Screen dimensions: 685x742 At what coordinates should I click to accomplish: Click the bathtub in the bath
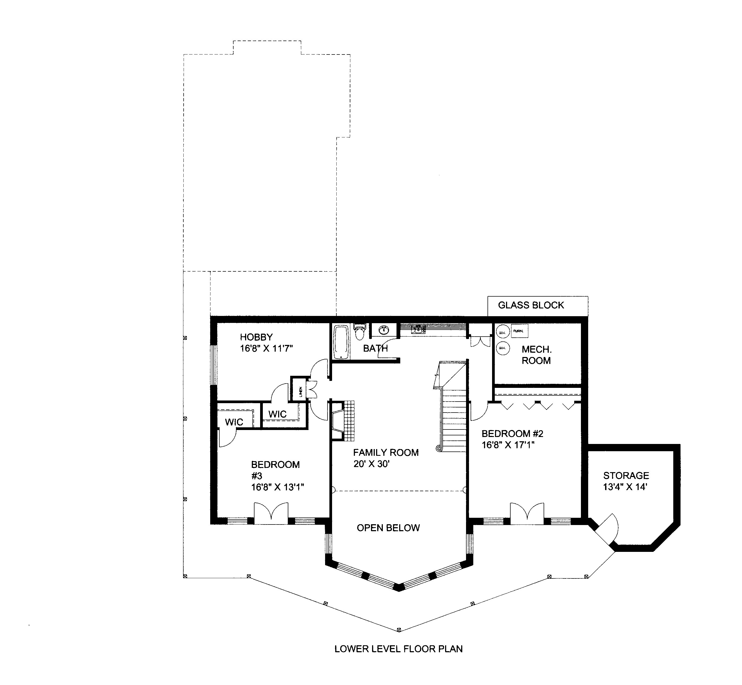[x=341, y=342]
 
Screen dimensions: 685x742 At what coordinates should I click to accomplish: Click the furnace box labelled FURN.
[x=519, y=331]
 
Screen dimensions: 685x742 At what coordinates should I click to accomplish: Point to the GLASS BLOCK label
[x=531, y=305]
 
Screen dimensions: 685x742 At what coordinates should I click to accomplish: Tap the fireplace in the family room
[x=343, y=421]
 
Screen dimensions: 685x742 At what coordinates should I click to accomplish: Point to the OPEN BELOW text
[x=388, y=528]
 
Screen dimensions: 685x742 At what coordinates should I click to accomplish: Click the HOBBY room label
[x=256, y=337]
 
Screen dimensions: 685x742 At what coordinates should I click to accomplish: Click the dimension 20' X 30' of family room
[x=371, y=464]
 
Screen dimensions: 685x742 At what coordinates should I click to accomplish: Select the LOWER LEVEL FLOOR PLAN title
[x=398, y=649]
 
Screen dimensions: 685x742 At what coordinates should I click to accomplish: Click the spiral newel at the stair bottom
[x=439, y=448]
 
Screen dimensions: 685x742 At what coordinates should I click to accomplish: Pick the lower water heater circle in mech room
[x=503, y=348]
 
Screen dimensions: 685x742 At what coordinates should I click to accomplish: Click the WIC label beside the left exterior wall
[x=234, y=422]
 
